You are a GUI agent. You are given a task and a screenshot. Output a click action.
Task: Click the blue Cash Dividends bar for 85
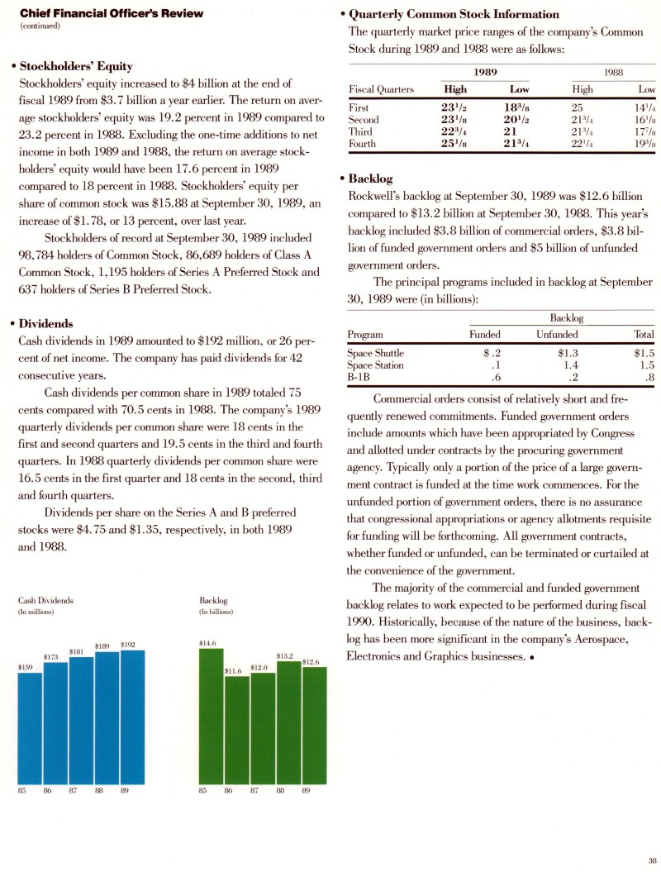[30, 727]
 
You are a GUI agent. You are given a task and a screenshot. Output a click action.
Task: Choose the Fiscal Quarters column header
[382, 88]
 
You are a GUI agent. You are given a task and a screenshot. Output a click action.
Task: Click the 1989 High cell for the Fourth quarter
[457, 144]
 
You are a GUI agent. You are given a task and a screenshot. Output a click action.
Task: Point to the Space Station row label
[376, 365]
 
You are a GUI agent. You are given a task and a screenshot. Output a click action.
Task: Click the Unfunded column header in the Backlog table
[557, 335]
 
